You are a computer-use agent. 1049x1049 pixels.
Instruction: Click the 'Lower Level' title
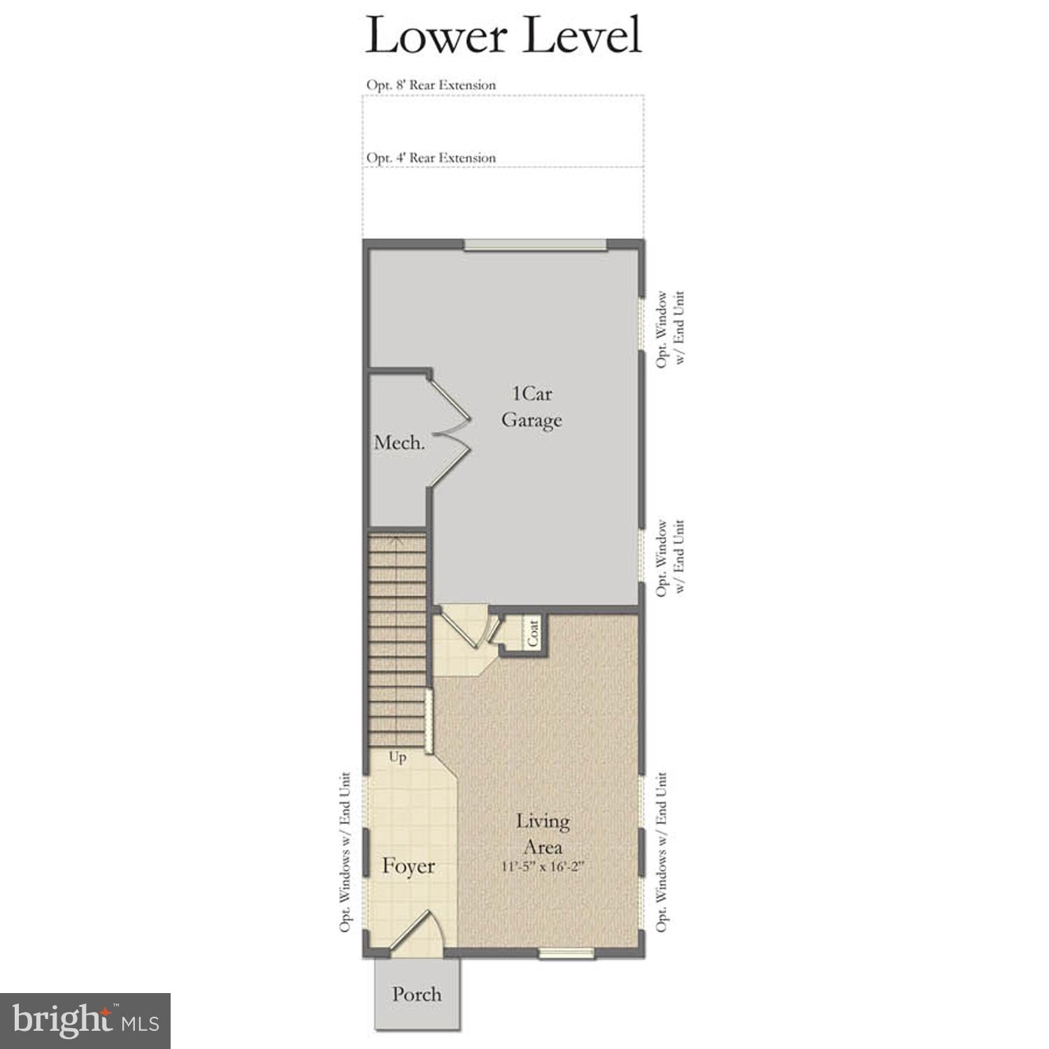click(503, 36)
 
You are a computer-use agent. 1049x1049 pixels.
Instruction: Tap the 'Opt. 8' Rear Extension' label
click(431, 85)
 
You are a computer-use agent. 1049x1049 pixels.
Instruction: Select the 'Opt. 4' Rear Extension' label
click(431, 158)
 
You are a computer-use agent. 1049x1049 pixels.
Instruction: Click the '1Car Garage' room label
click(531, 407)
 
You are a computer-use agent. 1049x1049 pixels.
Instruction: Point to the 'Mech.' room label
click(399, 442)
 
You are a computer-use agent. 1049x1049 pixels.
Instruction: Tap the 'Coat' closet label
click(534, 634)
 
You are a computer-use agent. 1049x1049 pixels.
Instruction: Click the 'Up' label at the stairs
click(397, 757)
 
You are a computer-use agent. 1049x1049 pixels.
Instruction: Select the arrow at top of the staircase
click(397, 539)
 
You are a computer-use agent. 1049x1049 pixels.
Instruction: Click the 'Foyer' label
click(408, 866)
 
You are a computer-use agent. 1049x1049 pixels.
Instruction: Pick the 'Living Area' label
click(543, 834)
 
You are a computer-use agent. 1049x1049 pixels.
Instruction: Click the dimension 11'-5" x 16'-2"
click(543, 867)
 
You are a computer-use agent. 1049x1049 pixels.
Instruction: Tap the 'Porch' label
click(417, 994)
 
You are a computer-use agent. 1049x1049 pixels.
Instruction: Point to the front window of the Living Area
click(566, 952)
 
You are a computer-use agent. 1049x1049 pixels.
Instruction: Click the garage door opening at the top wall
click(536, 244)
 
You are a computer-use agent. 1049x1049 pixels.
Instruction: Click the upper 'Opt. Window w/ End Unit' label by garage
click(669, 329)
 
